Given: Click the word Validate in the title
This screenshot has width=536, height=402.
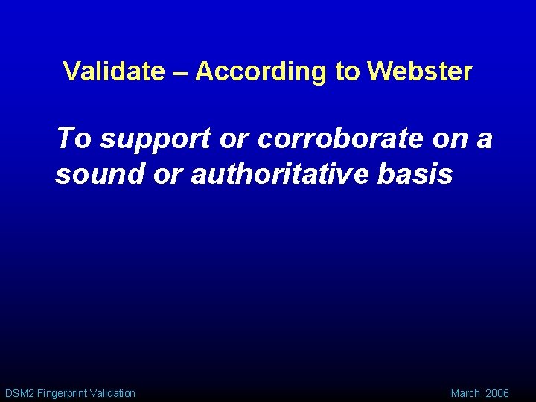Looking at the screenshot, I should tap(114, 71).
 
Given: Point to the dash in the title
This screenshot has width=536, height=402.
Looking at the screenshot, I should tap(180, 72).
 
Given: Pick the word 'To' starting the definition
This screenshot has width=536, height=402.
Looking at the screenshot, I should tap(74, 138).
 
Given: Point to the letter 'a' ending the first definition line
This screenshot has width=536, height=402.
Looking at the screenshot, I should tap(485, 139).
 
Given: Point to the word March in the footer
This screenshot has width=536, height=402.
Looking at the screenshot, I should tap(465, 392).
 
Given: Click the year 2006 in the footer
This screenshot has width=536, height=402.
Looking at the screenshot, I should tap(497, 392).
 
